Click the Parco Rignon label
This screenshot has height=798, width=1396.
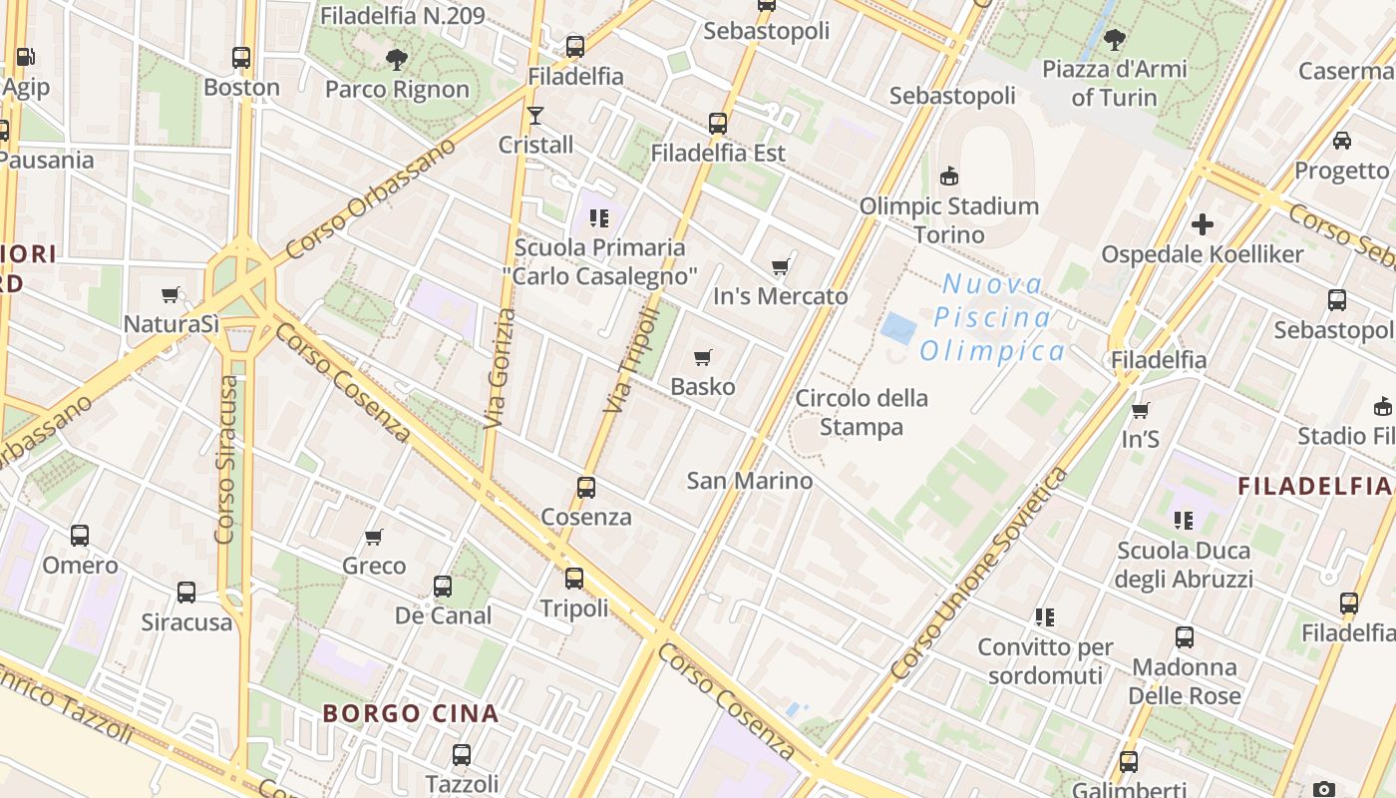pos(397,89)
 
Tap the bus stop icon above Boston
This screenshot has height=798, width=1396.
pos(241,58)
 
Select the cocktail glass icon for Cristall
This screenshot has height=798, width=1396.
pos(535,116)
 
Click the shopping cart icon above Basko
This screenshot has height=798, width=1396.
pos(703,357)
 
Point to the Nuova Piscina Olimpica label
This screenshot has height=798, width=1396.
pos(992,317)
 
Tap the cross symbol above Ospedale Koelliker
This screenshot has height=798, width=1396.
pos(1203,224)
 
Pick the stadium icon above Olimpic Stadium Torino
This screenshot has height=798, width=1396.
pos(949,177)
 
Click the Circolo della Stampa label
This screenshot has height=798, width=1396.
pos(862,412)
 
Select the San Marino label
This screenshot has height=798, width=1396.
pos(750,481)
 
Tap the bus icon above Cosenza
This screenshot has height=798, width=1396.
pos(586,488)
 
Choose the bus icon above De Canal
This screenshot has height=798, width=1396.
pos(443,587)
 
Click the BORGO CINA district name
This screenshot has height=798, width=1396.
pos(411,713)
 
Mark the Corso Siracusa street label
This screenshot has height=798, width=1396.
pos(228,459)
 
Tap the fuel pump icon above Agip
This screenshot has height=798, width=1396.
pos(25,58)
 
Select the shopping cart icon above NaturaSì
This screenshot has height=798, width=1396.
pos(171,295)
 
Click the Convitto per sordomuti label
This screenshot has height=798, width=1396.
pos(1045,661)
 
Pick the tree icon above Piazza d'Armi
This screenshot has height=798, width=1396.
pos(1115,40)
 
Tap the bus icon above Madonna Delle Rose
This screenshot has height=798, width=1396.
pos(1185,637)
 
